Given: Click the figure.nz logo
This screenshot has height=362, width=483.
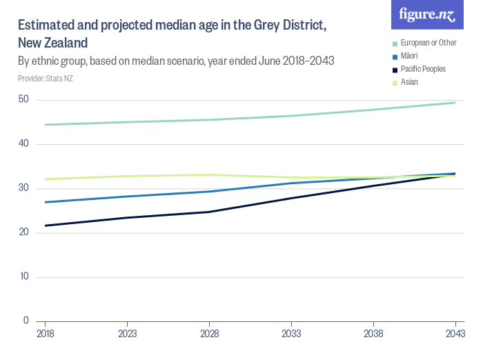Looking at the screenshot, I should (x=427, y=15).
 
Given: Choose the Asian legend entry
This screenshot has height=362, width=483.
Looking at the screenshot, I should (x=409, y=82).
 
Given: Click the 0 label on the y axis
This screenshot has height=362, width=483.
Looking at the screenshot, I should (x=26, y=321).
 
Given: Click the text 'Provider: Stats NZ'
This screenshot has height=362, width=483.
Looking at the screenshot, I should (x=46, y=79).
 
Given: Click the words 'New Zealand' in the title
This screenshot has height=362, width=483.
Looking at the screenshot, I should (x=52, y=43).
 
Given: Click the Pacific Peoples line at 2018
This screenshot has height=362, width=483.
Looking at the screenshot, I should (x=45, y=225).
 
